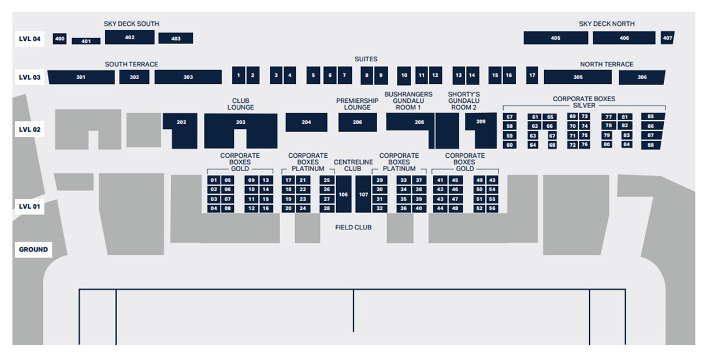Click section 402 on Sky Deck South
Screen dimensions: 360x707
pos(129,38)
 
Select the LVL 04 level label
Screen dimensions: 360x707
pos(29,39)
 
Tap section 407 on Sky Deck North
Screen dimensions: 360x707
pos(667,38)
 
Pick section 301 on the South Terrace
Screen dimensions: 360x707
pos(80,77)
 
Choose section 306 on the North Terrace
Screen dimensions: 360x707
pos(642,77)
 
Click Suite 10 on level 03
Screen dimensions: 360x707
pos(404,75)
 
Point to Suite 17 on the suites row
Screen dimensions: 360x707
pos(532,75)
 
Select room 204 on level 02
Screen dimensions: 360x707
pos(306,122)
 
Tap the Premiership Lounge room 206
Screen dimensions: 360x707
pos(357,122)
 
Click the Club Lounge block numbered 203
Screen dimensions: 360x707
pos(240,123)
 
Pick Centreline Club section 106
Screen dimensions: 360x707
pos(343,195)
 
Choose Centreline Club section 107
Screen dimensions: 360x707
pos(363,195)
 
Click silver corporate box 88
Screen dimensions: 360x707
pos(650,145)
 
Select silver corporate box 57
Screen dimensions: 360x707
pos(509,117)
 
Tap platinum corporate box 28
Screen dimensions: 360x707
pos(327,208)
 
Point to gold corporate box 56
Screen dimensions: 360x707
pos(492,208)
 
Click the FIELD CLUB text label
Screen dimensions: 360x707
pos(353,227)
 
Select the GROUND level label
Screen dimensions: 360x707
pos(33,250)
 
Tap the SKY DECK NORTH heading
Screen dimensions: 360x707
pos(606,24)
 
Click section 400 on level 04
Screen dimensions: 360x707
pos(59,39)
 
